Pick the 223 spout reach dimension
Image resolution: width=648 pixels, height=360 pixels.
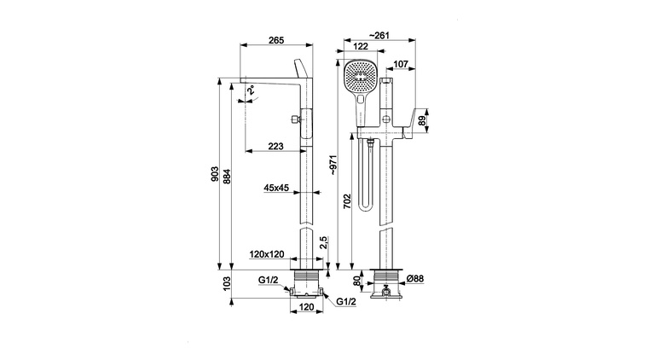coord(275,147)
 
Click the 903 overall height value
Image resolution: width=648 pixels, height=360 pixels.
coord(214,175)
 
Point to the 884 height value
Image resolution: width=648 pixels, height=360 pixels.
coord(226,175)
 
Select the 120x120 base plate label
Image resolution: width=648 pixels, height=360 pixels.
coord(267,254)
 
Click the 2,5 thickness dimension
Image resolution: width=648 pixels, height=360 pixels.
coord(323,243)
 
